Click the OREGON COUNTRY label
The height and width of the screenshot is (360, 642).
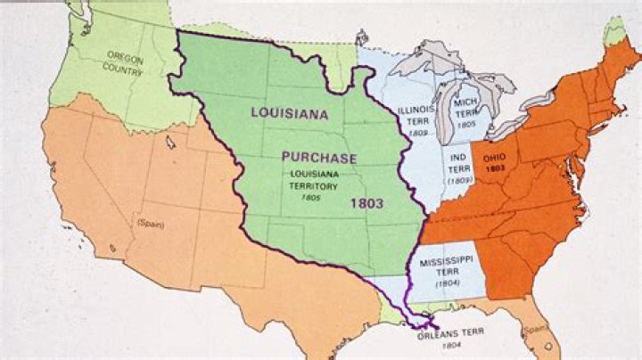[125, 61]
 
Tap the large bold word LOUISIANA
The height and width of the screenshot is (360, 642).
[289, 114]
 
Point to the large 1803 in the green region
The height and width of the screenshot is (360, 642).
[366, 203]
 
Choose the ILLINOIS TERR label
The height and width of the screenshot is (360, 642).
[415, 116]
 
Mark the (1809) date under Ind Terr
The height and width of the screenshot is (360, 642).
[460, 182]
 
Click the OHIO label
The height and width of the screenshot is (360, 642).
[495, 158]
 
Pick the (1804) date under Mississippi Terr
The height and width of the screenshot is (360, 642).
[448, 282]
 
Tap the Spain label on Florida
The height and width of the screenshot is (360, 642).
[534, 329]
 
